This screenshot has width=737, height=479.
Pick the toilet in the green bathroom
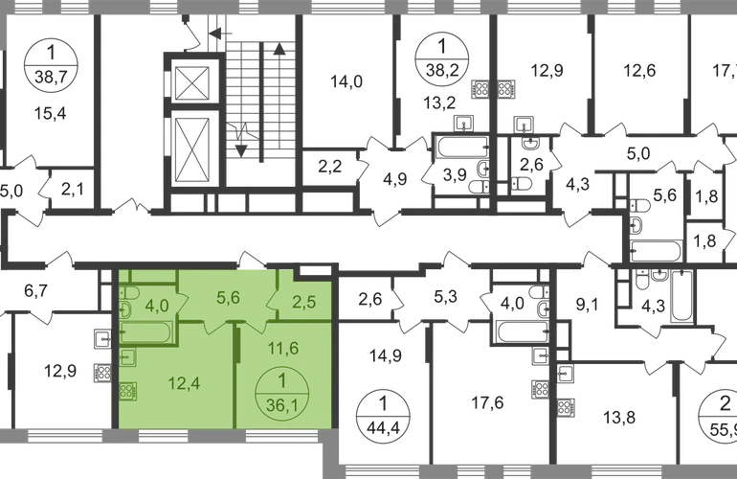tap(125, 308)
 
